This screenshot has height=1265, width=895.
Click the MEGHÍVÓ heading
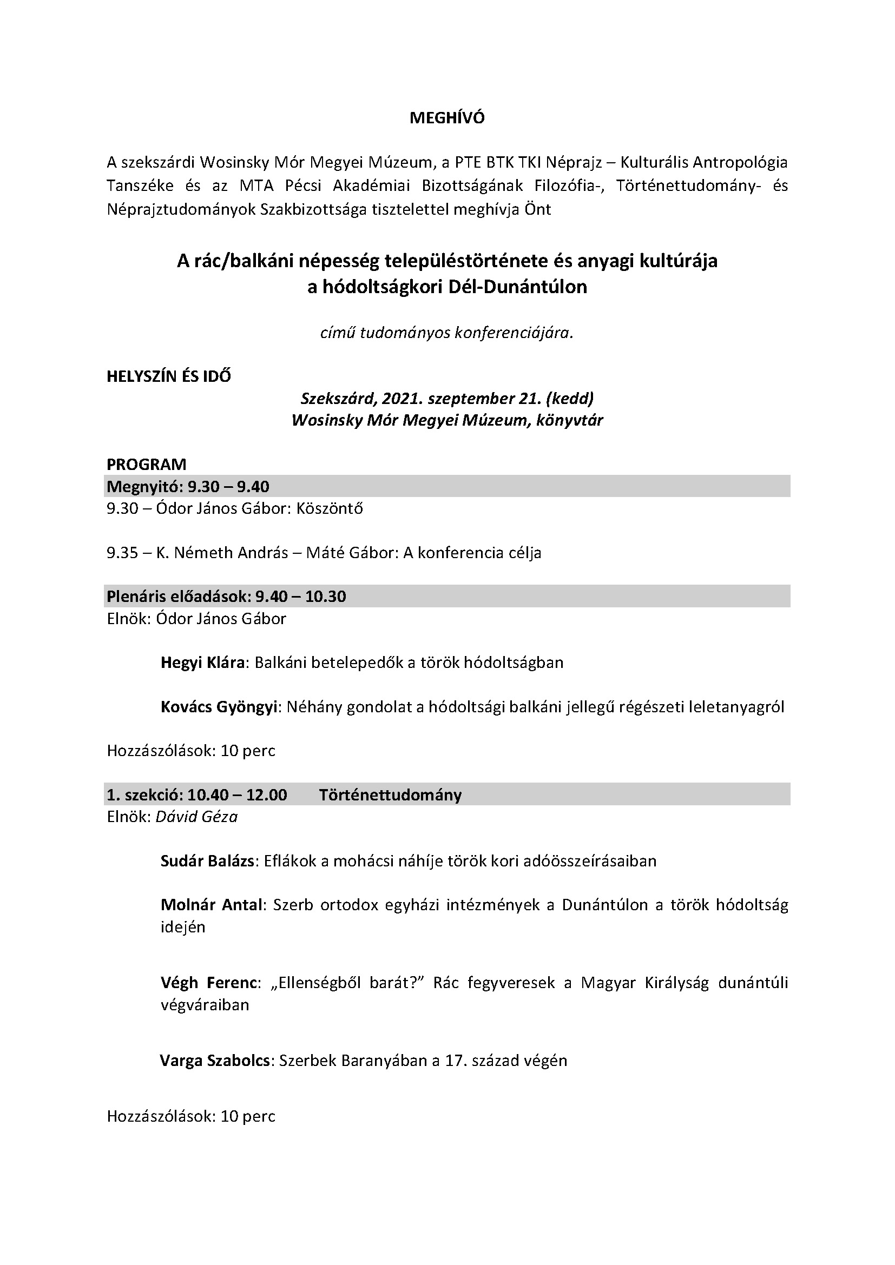coord(447,118)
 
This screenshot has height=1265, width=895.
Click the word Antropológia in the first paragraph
coord(740,163)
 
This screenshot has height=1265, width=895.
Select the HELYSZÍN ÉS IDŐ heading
coord(169,376)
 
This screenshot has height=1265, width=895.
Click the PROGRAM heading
coord(147,464)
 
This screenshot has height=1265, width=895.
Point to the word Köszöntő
coord(330,508)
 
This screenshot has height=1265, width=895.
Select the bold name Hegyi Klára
coord(202,663)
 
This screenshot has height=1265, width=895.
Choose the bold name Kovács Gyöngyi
coord(218,707)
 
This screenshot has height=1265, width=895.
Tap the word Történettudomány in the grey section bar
coord(390,795)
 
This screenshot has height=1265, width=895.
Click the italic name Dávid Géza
coord(197,817)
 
